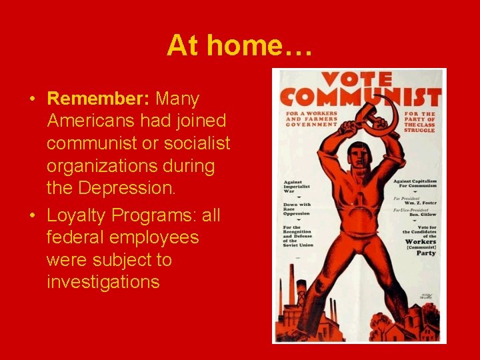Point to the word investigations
(103, 282)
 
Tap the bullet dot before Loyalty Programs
(32, 216)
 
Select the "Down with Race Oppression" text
(297, 209)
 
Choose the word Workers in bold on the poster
(420, 242)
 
